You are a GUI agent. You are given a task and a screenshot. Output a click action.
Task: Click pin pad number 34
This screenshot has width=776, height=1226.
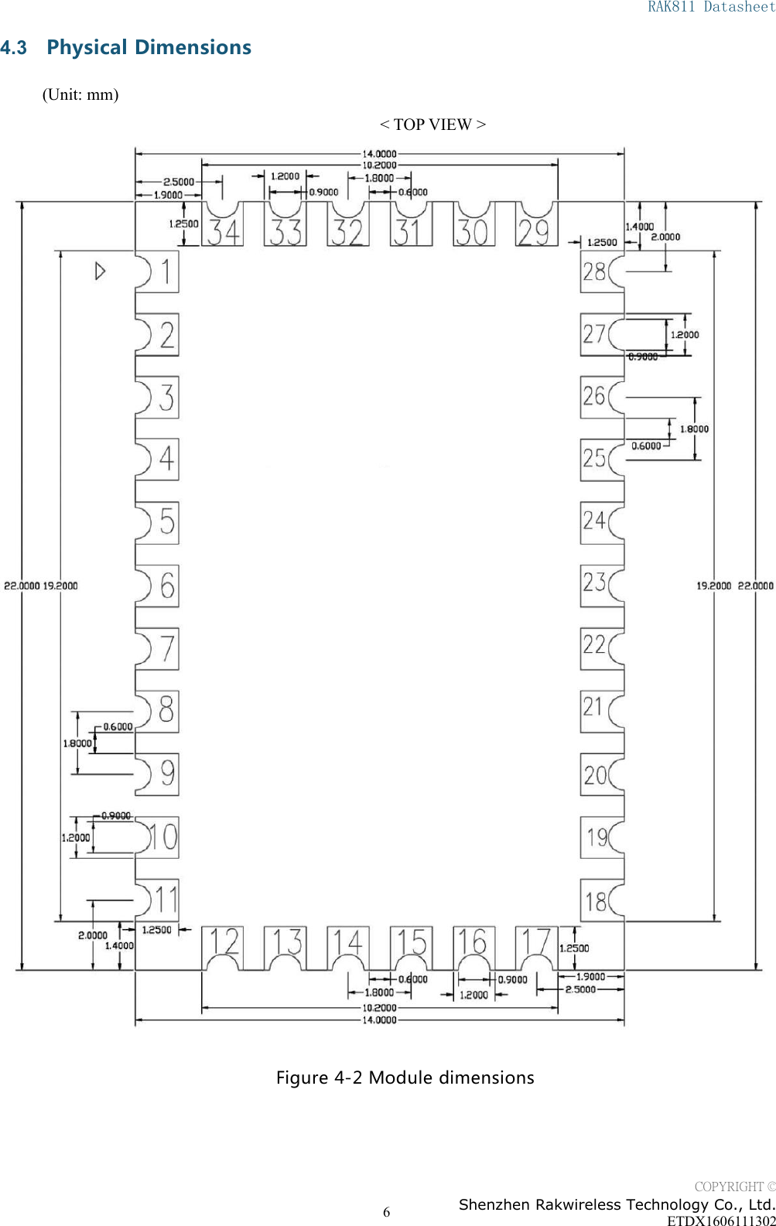click(223, 231)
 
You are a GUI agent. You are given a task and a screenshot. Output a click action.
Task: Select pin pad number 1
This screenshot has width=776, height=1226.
click(159, 271)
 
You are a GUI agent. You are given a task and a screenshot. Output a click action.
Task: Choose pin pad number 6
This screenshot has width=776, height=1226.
click(159, 586)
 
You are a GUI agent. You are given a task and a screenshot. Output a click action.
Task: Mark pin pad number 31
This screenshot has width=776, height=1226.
click(410, 231)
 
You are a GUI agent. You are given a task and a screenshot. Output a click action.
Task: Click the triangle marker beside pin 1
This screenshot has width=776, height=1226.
click(100, 271)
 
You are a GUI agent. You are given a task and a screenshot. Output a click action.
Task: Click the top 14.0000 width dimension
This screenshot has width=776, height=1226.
click(379, 154)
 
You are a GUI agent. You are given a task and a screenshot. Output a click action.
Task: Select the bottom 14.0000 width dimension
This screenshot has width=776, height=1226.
click(379, 1020)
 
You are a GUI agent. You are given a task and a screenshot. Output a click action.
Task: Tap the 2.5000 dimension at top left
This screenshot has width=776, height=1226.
click(179, 182)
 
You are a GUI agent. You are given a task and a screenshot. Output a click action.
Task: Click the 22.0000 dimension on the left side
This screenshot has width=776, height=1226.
click(22, 586)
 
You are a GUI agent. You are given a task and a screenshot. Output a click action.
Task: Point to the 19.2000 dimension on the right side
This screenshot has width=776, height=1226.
click(713, 586)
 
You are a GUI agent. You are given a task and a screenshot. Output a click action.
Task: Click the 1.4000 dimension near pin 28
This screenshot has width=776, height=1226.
click(640, 227)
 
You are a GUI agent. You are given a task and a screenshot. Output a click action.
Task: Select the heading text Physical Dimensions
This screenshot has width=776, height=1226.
click(149, 47)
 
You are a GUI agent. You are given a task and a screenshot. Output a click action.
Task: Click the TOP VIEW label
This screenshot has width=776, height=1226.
click(432, 125)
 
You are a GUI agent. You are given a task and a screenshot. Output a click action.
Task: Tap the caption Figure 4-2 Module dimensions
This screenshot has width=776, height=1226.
click(405, 1077)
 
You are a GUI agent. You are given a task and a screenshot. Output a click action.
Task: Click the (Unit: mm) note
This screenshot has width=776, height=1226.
click(80, 94)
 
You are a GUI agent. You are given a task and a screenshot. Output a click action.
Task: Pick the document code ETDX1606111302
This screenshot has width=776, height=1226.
click(720, 1220)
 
